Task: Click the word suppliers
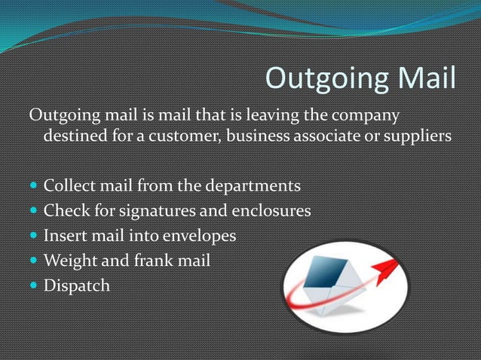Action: (x=417, y=138)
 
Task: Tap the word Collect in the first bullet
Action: (x=69, y=185)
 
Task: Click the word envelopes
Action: (x=195, y=236)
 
